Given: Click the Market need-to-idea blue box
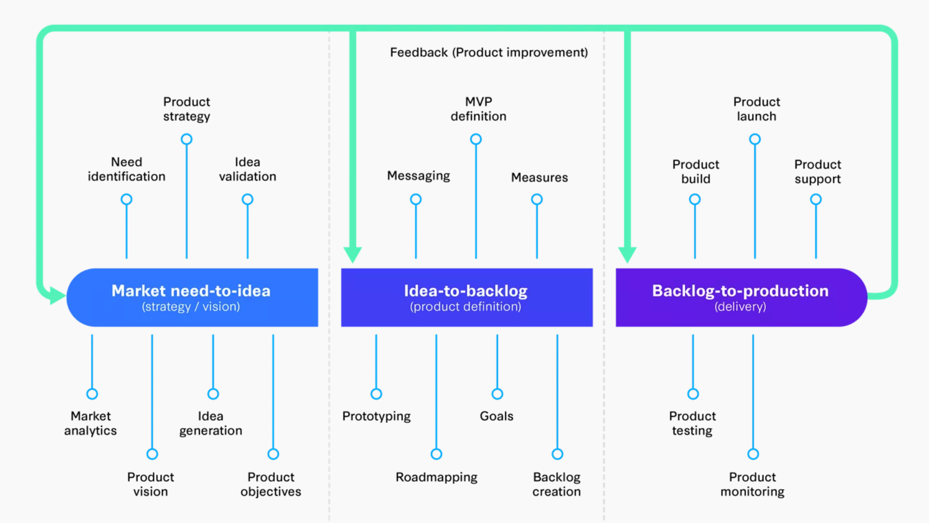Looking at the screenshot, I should [192, 297].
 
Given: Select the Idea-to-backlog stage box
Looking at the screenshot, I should [466, 297].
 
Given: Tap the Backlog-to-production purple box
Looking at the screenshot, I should [740, 297].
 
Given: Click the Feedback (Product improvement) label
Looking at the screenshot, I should [489, 52].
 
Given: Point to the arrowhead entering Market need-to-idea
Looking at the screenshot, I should [57, 295].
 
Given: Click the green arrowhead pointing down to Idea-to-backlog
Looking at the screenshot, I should [353, 254].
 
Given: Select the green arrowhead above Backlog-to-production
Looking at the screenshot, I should [627, 254].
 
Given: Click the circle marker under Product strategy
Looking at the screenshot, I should [186, 139].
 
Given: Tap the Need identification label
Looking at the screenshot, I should [126, 169].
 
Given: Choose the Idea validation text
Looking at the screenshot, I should [247, 169].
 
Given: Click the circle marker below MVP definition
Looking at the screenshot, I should [476, 139].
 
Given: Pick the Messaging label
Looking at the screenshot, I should [418, 176].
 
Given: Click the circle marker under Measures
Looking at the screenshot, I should [537, 199].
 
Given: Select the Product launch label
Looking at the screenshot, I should [756, 109].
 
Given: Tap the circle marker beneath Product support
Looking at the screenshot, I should [816, 199].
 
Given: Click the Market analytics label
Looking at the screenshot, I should [90, 423].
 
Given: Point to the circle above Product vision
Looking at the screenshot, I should [152, 454].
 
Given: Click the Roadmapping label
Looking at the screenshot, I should [436, 477].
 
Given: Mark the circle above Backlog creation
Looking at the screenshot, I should [557, 454].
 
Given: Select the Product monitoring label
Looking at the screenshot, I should [752, 484].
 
